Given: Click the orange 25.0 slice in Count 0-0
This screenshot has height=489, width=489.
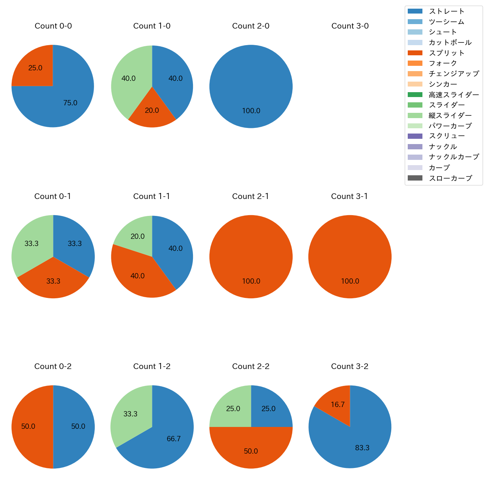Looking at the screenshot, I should tap(36, 68).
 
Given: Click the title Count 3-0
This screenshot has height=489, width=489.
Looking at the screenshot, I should tap(350, 26).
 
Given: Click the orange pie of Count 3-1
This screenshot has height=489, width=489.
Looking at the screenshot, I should tap(350, 257).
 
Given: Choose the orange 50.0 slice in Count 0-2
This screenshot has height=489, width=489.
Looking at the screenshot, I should tap(29, 427).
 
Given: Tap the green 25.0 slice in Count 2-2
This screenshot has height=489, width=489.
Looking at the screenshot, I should tap(233, 409).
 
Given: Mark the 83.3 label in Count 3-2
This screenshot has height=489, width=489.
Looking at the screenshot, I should tap(362, 448).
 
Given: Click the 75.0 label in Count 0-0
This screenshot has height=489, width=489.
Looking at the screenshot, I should tap(70, 103).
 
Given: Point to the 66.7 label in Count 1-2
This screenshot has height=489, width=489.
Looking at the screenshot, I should tap(174, 439).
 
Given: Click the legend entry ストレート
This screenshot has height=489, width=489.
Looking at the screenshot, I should tap(446, 11).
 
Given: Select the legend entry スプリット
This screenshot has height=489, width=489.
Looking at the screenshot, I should tap(446, 53).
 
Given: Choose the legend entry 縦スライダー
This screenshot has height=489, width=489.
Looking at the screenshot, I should tap(450, 115).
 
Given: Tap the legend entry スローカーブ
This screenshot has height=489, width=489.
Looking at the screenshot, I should tap(450, 178).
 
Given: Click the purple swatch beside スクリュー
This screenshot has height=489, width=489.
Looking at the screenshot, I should tap(415, 136).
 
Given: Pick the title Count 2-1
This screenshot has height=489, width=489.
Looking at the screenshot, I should tap(251, 196).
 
